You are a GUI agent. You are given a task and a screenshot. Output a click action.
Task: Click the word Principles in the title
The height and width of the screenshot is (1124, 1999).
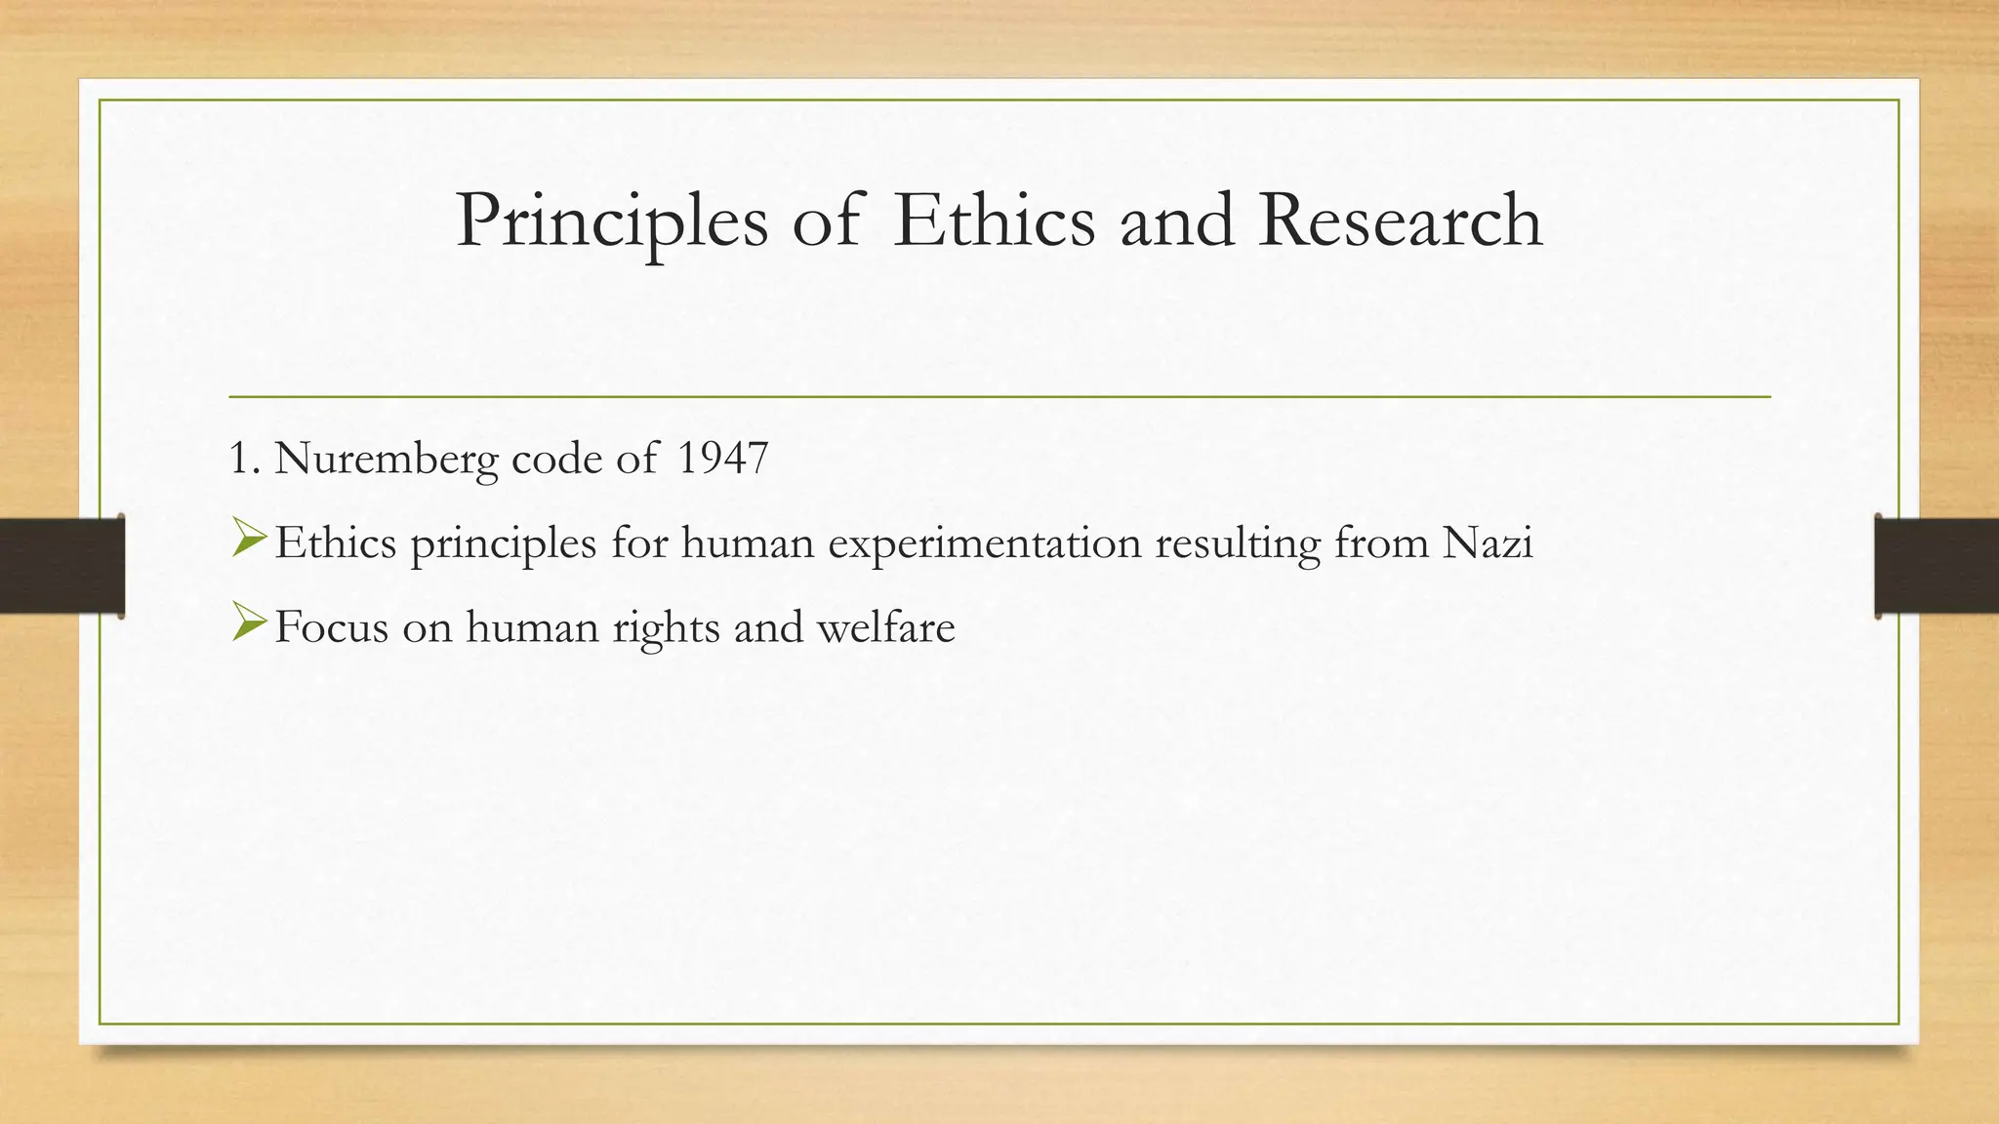point(612,222)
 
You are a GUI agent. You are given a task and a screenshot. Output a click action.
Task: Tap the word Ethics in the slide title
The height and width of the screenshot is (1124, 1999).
point(994,221)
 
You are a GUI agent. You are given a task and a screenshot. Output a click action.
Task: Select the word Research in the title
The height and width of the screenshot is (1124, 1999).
point(1401,221)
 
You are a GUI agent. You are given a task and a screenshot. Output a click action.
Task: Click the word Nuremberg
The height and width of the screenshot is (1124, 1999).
point(387,459)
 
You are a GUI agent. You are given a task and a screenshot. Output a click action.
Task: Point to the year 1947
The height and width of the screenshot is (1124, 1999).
point(722,458)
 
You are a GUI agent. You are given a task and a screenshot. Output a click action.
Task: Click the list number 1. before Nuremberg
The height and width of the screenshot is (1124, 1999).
point(243,458)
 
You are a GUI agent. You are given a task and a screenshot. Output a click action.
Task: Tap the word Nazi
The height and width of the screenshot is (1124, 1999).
point(1488,542)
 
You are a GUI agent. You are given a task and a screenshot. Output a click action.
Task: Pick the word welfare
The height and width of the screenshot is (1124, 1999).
point(886,626)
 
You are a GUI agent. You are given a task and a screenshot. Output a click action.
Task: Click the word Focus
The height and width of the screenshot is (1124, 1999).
point(332,626)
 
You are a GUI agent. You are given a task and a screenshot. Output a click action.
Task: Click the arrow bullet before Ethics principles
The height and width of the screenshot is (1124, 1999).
point(249,540)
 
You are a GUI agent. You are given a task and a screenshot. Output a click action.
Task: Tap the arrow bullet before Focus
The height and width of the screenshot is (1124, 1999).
point(249,623)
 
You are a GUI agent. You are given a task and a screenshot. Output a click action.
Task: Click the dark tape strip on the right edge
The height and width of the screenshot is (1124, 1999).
point(1937,566)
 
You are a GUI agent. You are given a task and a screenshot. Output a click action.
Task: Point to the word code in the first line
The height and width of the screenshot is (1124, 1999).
point(556,459)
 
